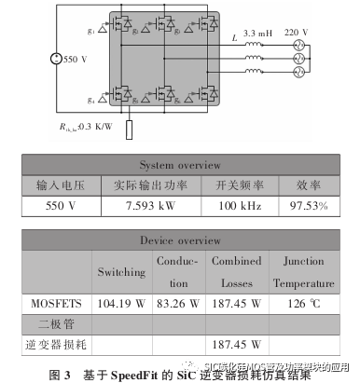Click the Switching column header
pyautogui.click(x=121, y=271)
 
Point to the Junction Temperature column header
pyautogui.click(x=303, y=271)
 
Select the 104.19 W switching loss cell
pyautogui.click(x=121, y=303)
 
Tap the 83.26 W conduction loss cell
pyautogui.click(x=175, y=303)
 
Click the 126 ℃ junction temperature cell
pyautogui.click(x=303, y=303)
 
